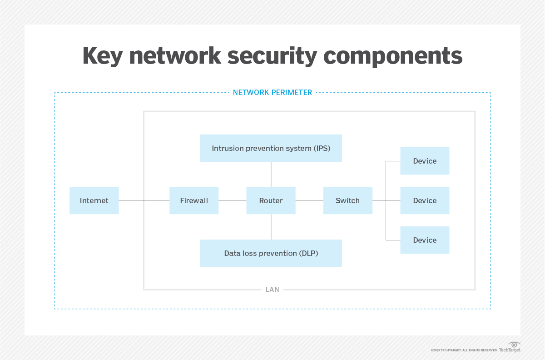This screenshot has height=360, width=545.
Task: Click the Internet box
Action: coord(94,200)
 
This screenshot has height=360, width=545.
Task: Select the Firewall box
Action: coord(194,200)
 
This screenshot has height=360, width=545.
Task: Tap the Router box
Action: coord(271,200)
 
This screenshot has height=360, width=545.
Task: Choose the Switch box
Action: coord(347,200)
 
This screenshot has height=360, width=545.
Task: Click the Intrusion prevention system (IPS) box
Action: coord(271,148)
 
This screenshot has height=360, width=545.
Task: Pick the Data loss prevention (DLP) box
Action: coord(271,253)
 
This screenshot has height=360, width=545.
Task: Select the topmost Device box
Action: coord(425,161)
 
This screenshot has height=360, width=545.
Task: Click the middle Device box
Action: coord(425,200)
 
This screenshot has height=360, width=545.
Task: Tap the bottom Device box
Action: coord(425,240)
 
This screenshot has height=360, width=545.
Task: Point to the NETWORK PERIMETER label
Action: coord(272,93)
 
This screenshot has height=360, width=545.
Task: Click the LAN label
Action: coord(272,290)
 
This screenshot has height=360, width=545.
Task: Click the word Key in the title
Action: coord(101,56)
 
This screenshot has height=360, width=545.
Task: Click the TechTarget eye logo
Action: coord(514,345)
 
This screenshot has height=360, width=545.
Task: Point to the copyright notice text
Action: coord(464,350)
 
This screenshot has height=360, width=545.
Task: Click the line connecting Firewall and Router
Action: coord(232,200)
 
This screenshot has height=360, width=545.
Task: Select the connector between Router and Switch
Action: coord(309,200)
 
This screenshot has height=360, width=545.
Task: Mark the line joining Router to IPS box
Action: coord(271,174)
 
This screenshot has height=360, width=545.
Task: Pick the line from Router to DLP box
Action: coord(271,227)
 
